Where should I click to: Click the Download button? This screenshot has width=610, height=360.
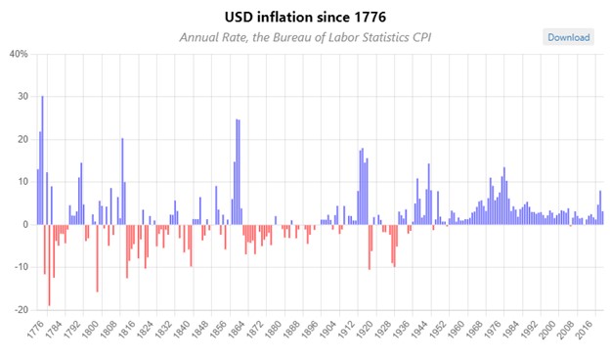(568, 37)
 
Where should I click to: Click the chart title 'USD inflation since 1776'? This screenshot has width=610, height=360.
(305, 17)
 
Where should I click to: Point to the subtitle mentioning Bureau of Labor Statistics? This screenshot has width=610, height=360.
(305, 37)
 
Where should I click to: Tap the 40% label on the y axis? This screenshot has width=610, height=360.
(18, 54)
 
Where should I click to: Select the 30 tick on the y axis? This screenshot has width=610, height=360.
(21, 97)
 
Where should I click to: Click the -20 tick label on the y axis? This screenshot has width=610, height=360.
(19, 310)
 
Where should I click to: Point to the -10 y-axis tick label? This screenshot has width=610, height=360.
(19, 267)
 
